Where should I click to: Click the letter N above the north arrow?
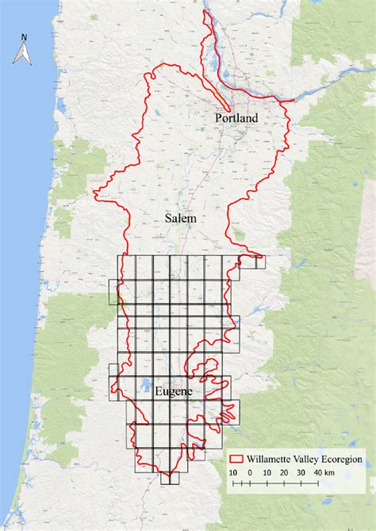(25, 36)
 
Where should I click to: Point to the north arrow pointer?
(25, 54)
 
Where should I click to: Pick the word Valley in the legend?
(309, 458)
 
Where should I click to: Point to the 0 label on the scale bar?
(249, 473)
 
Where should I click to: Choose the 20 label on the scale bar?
(285, 473)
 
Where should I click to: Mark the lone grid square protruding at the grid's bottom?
(169, 478)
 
